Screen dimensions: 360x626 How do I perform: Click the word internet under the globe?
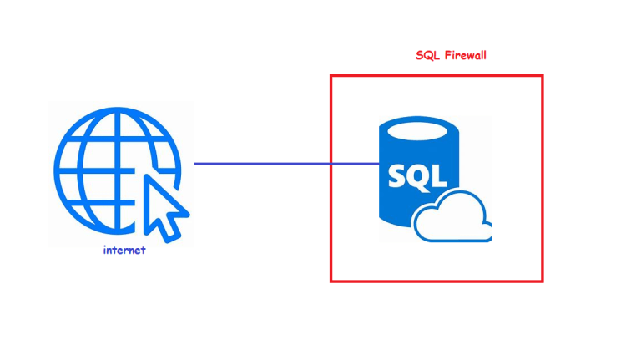(x=124, y=250)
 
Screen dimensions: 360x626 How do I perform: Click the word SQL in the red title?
(x=427, y=56)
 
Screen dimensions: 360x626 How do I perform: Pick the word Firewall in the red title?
(x=465, y=56)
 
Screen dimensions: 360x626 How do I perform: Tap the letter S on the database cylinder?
(x=399, y=176)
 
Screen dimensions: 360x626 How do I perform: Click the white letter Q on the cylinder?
(x=419, y=177)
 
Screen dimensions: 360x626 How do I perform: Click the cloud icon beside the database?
(x=454, y=219)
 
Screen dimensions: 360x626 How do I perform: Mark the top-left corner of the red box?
(x=331, y=76)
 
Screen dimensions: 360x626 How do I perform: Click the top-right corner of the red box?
(x=543, y=76)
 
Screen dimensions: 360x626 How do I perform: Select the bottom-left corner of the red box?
(x=331, y=281)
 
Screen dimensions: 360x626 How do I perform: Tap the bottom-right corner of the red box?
(x=543, y=281)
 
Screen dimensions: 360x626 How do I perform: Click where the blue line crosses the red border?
(x=331, y=164)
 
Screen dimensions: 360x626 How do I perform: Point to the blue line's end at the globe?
(x=195, y=164)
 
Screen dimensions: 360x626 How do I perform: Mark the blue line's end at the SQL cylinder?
(x=381, y=164)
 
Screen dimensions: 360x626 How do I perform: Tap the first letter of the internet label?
(x=104, y=250)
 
